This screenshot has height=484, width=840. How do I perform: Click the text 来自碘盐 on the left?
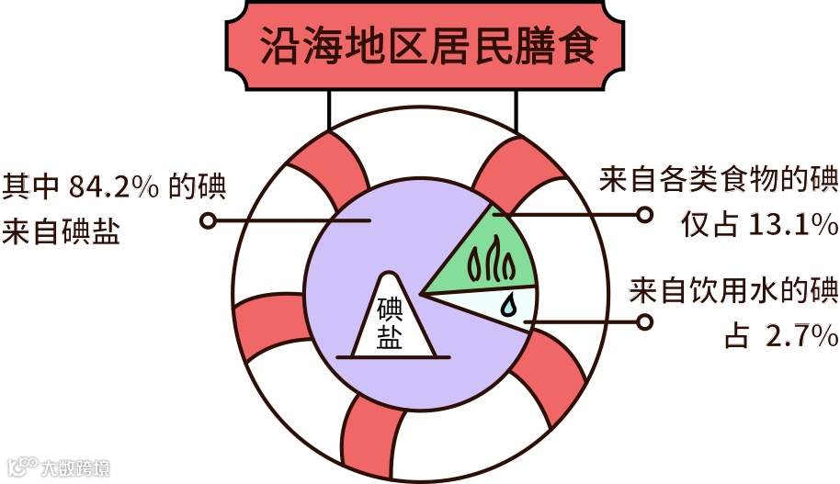point(62,231)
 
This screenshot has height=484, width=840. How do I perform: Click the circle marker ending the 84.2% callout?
point(209,220)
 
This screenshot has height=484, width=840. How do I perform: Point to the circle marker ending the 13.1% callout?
point(644,214)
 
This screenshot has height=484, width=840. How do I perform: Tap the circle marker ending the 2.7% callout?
point(644,322)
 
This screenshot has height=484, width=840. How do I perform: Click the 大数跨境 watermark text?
point(75,468)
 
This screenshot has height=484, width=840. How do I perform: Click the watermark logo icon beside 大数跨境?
point(22,467)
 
